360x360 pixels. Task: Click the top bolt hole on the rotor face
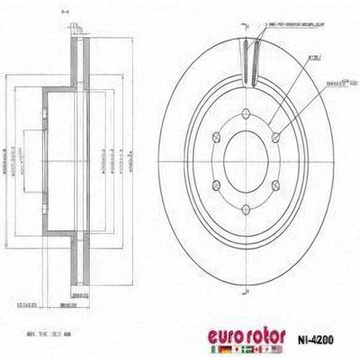click(248, 126)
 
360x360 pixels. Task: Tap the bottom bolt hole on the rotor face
click(248, 213)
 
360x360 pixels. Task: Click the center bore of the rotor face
click(248, 170)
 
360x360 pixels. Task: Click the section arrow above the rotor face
click(248, 22)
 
